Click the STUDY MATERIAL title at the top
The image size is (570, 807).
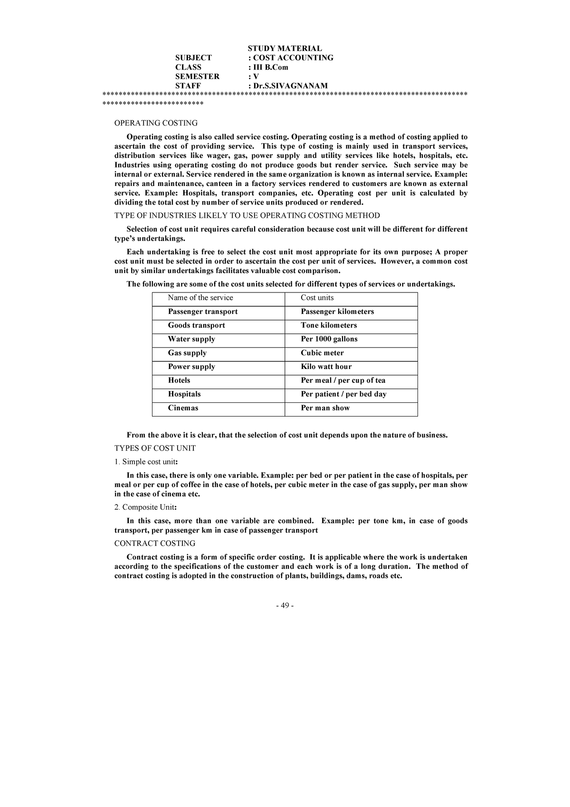(x=285, y=48)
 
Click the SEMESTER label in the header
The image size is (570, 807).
(x=197, y=76)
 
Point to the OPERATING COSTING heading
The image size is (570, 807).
(x=156, y=123)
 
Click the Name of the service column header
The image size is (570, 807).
(x=200, y=298)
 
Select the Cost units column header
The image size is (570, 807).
(x=317, y=298)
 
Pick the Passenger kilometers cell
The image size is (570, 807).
(x=337, y=311)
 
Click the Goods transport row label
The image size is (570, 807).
(x=196, y=325)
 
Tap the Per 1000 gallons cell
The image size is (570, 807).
(x=329, y=339)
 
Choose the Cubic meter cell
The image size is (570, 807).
(x=322, y=353)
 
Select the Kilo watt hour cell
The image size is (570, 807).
(x=326, y=367)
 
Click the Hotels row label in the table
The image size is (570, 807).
(x=179, y=380)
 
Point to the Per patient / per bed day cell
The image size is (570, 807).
(x=343, y=394)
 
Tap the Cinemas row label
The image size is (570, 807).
(x=183, y=408)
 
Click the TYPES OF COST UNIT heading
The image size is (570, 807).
(x=155, y=448)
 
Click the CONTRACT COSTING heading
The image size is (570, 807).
(x=155, y=543)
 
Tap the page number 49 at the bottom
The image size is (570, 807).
(x=285, y=605)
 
